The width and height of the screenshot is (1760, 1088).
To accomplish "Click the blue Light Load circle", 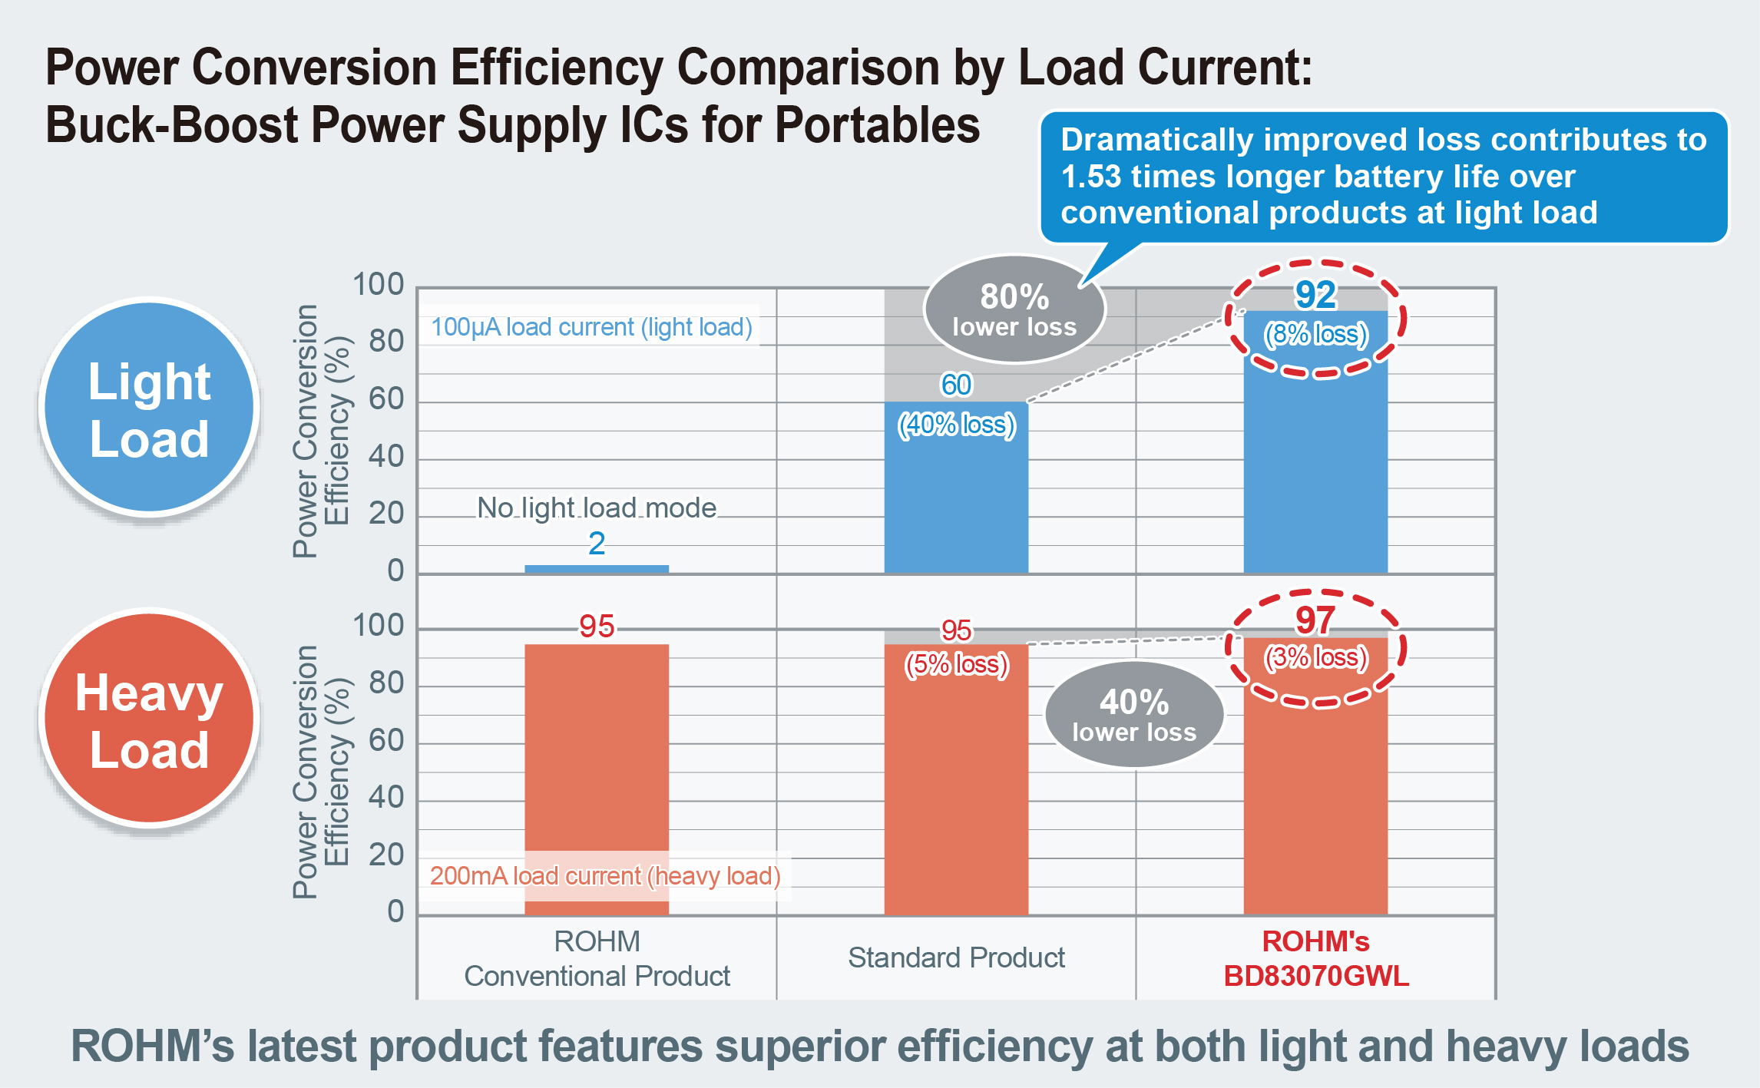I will point(149,407).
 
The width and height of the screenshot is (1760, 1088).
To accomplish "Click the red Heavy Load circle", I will point(149,719).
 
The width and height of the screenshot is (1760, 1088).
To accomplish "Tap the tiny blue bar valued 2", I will point(597,569).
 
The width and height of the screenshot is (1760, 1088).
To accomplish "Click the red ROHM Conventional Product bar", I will point(597,752).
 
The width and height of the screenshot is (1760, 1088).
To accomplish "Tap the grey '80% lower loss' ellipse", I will point(1014,309).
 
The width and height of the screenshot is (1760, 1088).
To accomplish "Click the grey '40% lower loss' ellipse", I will point(1134,715).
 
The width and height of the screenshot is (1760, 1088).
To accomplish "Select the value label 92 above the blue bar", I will point(1315,295).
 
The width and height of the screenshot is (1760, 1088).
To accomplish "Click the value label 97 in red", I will point(1315,620).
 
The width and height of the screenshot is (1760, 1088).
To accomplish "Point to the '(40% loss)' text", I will point(956,425).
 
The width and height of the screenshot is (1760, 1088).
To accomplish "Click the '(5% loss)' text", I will point(956,664).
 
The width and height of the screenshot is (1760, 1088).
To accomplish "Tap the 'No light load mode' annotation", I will point(597,508).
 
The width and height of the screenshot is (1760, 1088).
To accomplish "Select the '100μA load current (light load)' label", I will point(591,327).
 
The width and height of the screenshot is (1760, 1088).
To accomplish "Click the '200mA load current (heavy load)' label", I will point(605,876).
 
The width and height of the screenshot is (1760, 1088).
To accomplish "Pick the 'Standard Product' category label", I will point(956,957).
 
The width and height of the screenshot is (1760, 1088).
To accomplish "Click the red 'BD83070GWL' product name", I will point(1315,976).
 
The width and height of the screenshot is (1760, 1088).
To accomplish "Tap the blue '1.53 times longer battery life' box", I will point(1382,177).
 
